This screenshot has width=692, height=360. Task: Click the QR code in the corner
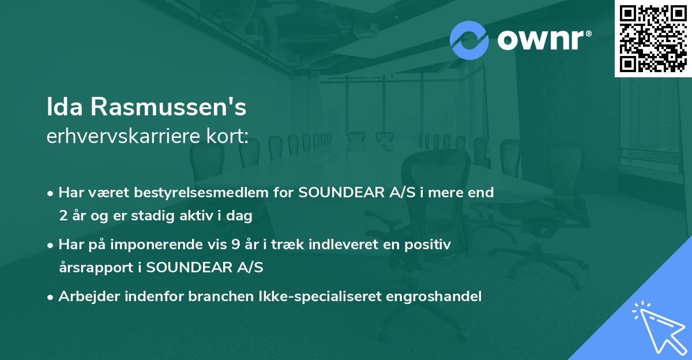(x=653, y=38)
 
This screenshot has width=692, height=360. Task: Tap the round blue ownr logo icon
(x=469, y=40)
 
